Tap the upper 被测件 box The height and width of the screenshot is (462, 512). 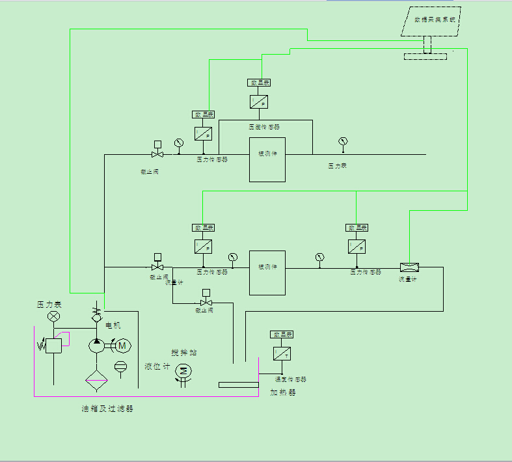coord(267,159)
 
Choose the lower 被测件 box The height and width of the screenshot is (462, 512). coord(267,273)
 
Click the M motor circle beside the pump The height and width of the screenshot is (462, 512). coord(122,346)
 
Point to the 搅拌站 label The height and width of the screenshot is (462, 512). coord(184,353)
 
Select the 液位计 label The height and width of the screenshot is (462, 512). coord(157,367)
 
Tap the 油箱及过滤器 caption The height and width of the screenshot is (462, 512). coord(107,409)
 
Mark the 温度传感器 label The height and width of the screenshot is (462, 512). coord(290,379)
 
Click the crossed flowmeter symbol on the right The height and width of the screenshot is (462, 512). coord(409,267)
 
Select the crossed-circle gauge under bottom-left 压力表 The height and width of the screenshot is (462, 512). coord(54,317)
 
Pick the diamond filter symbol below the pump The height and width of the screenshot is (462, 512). coord(96,378)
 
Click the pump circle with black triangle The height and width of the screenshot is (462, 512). coord(96,346)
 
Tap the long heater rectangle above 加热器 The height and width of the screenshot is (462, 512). coord(238,385)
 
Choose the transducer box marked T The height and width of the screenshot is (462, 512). coord(282,353)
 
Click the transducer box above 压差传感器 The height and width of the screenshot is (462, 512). coord(259,102)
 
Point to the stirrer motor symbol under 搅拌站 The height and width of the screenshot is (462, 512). coord(183,371)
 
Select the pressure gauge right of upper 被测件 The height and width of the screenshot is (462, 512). coord(343,141)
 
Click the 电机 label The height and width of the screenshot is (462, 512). coord(113,325)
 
